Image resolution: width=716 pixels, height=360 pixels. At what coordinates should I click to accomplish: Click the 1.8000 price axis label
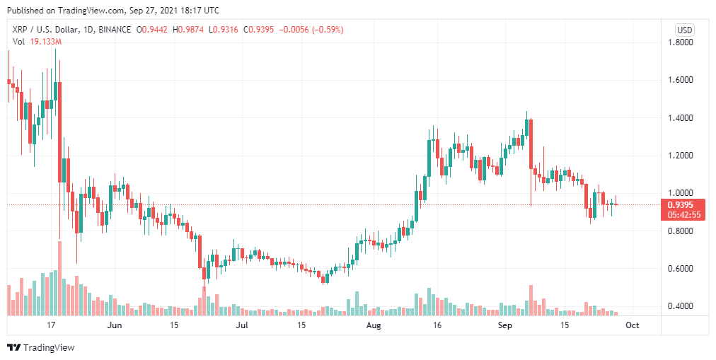pos(680,42)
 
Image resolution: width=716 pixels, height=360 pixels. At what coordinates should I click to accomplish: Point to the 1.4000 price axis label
pos(680,118)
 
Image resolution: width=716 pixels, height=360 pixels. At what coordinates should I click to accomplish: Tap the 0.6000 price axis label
pos(680,269)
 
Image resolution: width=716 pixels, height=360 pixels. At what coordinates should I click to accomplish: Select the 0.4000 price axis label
pos(680,307)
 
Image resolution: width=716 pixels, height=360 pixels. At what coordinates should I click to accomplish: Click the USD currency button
pos(684,30)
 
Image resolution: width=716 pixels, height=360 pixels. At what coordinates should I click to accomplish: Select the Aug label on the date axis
pos(374,325)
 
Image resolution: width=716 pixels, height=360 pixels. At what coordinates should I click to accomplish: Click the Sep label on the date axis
pos(504,325)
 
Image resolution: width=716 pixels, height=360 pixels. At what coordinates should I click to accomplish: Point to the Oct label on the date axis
pos(633,325)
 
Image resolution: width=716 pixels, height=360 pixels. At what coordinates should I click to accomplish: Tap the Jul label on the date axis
pos(242,325)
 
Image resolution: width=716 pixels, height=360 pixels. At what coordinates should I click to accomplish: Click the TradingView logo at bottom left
pos(40,347)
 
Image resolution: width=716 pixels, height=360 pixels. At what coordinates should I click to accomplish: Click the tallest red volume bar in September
pos(531,301)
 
